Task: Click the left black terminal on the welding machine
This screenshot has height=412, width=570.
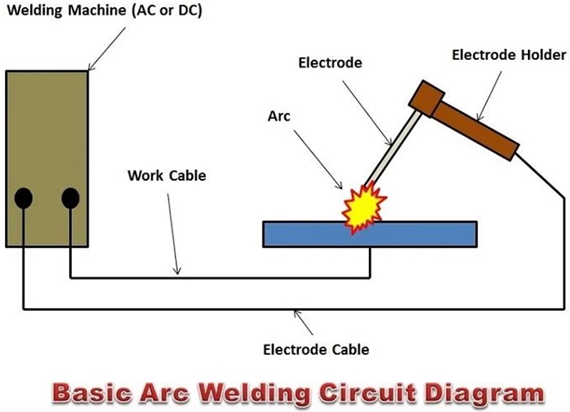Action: (x=23, y=197)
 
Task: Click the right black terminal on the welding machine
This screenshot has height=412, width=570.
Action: (x=70, y=197)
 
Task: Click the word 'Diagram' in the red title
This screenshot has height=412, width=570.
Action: (x=484, y=393)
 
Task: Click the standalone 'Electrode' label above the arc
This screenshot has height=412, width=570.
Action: (x=330, y=63)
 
